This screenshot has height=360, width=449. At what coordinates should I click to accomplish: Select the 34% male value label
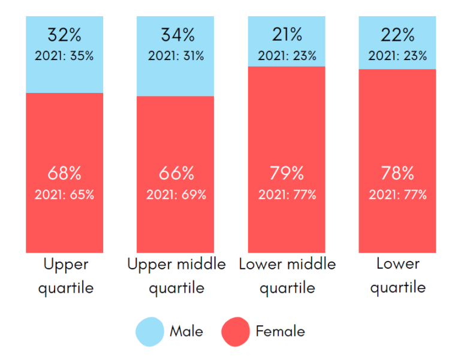click(176, 35)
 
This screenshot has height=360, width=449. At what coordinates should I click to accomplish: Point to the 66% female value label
click(176, 174)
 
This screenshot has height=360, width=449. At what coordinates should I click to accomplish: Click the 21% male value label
click(287, 35)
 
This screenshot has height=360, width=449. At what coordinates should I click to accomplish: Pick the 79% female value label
click(287, 174)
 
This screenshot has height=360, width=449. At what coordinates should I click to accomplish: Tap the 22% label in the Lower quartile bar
click(398, 35)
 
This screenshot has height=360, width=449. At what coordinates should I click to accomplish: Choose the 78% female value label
click(398, 174)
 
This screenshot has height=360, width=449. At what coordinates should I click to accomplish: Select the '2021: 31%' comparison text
click(176, 56)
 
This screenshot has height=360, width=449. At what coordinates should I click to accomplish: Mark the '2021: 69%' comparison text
click(176, 194)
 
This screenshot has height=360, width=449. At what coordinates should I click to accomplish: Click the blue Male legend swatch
click(150, 331)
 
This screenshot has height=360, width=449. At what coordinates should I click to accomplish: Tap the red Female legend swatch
click(236, 331)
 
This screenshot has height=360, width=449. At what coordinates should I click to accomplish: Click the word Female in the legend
click(280, 331)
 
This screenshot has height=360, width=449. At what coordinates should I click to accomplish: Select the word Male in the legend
click(186, 331)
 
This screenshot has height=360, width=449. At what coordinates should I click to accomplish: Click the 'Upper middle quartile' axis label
click(176, 276)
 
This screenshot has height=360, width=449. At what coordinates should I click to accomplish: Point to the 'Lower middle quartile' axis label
click(287, 276)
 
